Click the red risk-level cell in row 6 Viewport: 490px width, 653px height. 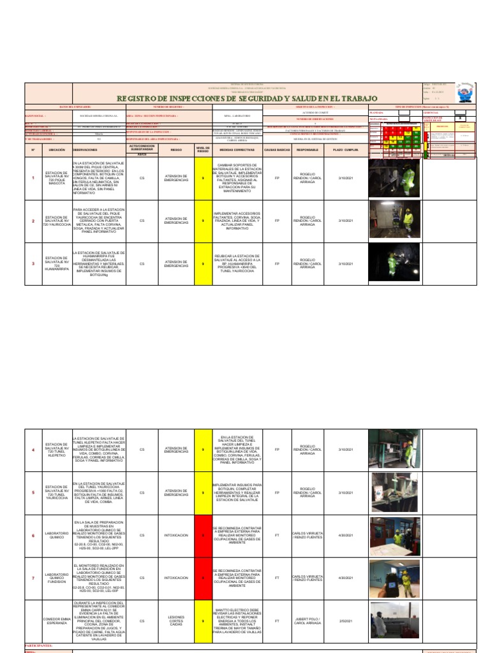coord(202,536)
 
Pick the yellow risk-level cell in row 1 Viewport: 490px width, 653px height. coord(202,179)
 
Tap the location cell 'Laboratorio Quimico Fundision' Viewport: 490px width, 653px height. coord(57,578)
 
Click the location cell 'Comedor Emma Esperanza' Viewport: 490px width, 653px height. coord(57,620)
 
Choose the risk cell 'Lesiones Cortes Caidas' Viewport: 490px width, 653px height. coord(175,620)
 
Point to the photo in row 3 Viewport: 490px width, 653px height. coord(394,263)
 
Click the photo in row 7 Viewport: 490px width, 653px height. coord(394,578)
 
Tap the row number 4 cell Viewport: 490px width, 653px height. coord(33,450)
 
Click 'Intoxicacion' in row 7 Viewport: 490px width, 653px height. coord(175,578)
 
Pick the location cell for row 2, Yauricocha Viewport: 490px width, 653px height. coord(57,221)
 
